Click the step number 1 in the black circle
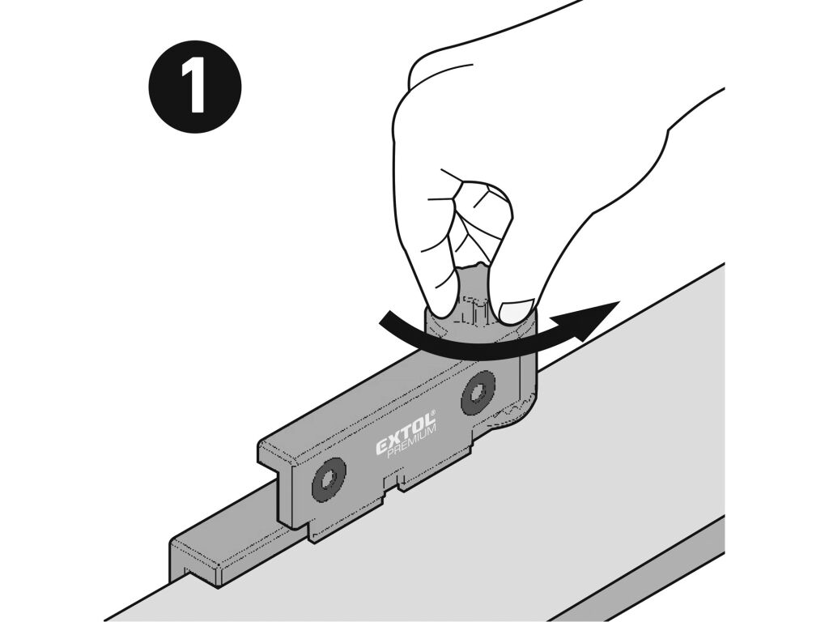click(x=194, y=86)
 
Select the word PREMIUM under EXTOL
click(x=412, y=441)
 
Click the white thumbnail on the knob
click(x=516, y=311)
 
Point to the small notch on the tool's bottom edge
click(x=393, y=484)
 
